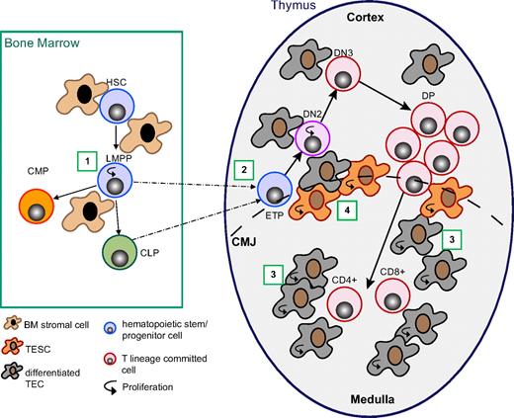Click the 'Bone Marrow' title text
pyautogui.click(x=42, y=42)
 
